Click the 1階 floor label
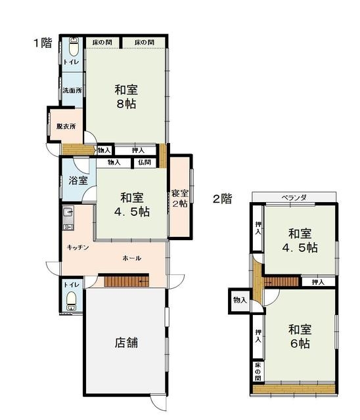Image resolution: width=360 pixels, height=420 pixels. [x=43, y=43]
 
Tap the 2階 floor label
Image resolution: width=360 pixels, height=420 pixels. [x=222, y=199]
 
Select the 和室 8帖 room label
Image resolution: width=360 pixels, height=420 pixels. [x=126, y=96]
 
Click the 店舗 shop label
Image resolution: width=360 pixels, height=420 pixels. [x=127, y=343]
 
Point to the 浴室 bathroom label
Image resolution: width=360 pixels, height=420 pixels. [x=78, y=180]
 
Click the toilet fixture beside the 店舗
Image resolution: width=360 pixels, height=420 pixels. [x=71, y=301]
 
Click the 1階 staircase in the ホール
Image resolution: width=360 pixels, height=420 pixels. [x=127, y=282]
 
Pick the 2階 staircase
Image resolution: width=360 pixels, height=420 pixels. [x=281, y=282]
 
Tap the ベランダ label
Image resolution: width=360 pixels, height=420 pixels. [x=294, y=198]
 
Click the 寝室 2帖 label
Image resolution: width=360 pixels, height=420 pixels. [x=179, y=198]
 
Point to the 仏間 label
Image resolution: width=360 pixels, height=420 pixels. [x=145, y=162]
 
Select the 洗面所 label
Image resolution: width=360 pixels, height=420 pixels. [x=72, y=91]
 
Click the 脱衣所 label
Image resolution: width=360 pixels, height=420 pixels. [x=66, y=126]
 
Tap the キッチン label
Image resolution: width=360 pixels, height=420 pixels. [x=78, y=247]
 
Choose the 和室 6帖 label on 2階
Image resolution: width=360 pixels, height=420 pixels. [x=300, y=337]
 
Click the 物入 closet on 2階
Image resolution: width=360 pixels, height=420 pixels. [x=240, y=301]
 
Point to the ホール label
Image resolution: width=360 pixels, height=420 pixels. [x=132, y=258]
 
